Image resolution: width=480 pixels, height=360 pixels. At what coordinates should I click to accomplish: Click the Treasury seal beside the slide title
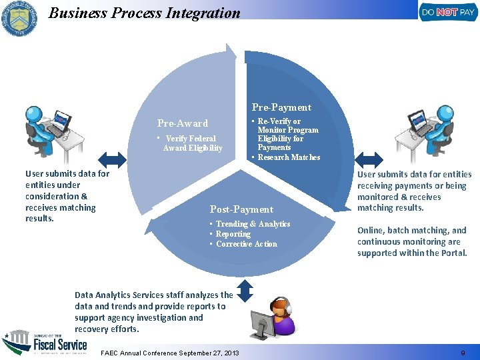click(x=20, y=19)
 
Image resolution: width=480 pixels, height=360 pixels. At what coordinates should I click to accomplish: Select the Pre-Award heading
click(x=183, y=123)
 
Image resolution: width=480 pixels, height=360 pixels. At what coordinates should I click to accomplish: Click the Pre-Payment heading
click(x=281, y=107)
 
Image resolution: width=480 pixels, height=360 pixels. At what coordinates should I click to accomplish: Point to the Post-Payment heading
click(x=241, y=209)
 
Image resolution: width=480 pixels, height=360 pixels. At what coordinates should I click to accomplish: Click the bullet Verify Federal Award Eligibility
click(x=192, y=143)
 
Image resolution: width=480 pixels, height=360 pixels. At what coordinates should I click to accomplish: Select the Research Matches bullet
click(x=289, y=157)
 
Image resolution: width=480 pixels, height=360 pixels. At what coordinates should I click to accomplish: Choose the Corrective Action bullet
click(x=246, y=244)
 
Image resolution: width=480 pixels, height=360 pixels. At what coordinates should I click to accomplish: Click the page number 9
click(x=463, y=353)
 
